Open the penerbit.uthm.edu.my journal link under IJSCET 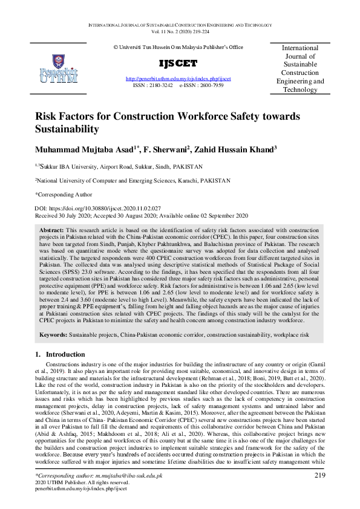pos(178,79)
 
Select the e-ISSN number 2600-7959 pos(211,86)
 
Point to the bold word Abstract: pos(51,231)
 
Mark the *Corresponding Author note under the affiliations pos(64,195)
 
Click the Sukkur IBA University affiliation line pos(118,166)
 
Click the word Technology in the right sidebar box pos(300,89)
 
